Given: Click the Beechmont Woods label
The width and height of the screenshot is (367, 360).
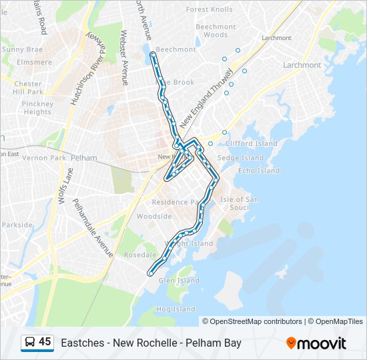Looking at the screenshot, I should (216, 31).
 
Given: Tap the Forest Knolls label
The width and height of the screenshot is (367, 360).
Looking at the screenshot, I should (210, 9).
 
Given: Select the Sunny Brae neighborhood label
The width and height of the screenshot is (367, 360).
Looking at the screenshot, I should (22, 49).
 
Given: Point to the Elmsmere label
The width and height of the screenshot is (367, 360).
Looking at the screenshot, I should (35, 62).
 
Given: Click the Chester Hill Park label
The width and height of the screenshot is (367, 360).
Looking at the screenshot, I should (28, 88).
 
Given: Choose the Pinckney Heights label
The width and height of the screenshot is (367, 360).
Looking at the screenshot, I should (37, 108).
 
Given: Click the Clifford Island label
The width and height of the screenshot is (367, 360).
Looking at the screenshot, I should (251, 143).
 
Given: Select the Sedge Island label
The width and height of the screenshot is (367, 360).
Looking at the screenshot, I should (240, 158).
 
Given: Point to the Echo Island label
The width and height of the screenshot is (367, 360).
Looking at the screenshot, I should (259, 171).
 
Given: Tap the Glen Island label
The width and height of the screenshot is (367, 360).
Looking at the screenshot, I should (179, 281).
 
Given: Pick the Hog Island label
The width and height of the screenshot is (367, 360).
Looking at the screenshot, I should (175, 309).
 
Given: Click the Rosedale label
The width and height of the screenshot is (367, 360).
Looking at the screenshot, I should (140, 255).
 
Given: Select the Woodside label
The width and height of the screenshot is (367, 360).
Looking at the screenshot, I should (154, 217).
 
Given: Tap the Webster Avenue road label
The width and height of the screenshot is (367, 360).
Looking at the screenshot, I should (124, 57).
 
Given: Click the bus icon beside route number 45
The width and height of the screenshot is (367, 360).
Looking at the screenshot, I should (29, 343).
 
